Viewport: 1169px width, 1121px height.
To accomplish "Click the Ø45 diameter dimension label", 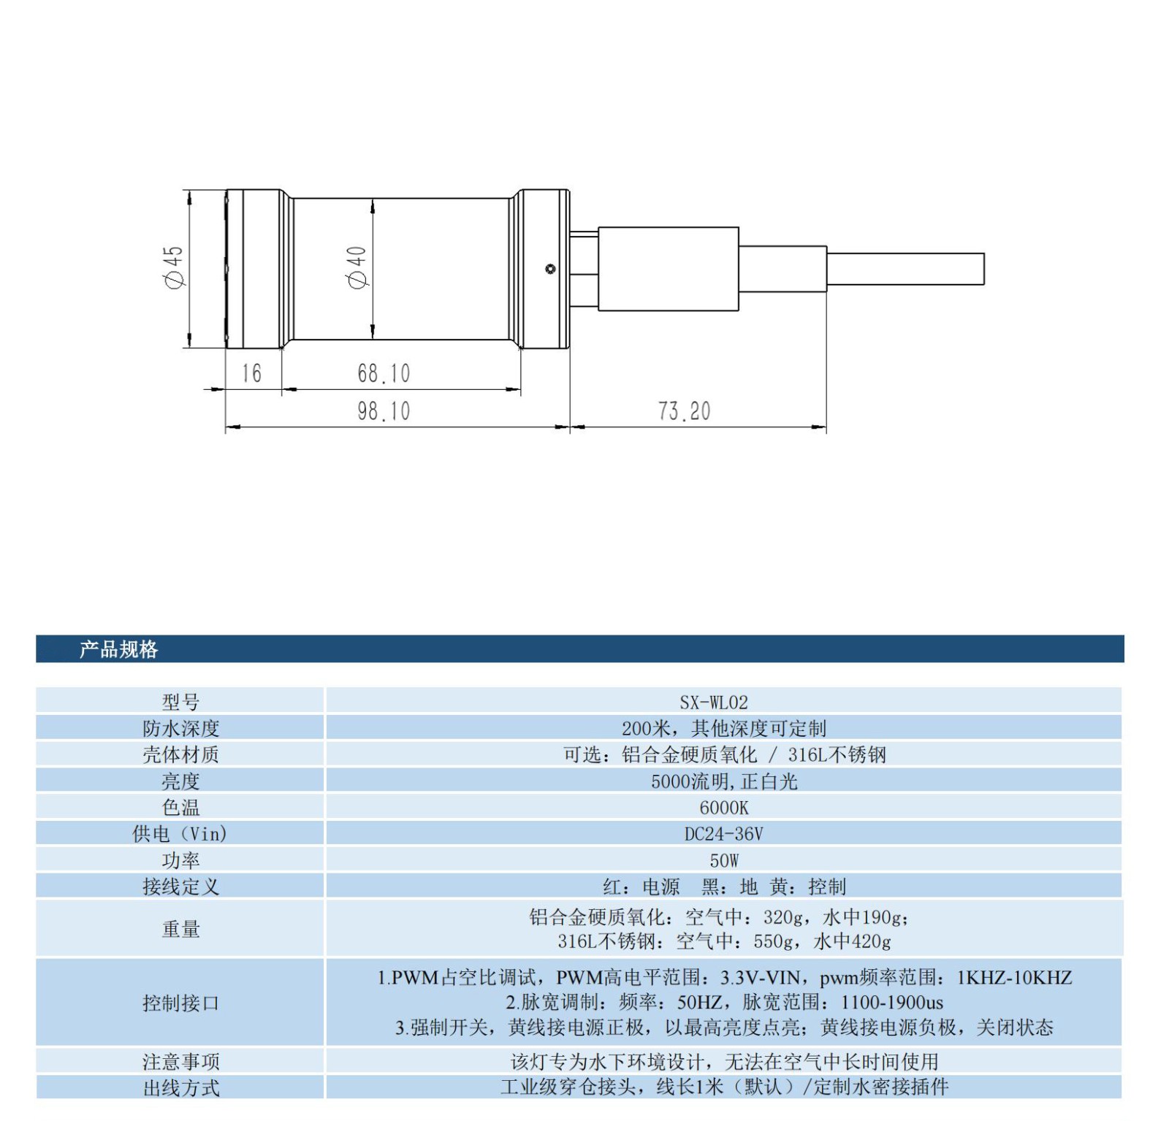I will click(x=174, y=267).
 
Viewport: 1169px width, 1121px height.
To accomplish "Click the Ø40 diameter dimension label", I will click(x=357, y=267).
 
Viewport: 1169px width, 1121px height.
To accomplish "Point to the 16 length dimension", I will click(x=251, y=373).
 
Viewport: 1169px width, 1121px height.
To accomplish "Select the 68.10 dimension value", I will click(x=384, y=373).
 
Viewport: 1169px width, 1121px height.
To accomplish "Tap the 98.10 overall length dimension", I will click(x=384, y=411).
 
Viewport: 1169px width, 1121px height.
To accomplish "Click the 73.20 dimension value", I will click(x=684, y=411).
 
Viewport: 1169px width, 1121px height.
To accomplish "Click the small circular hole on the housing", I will click(x=550, y=269).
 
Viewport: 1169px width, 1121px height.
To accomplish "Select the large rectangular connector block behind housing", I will click(x=668, y=269).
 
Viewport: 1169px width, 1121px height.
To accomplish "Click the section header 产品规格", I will click(x=118, y=649).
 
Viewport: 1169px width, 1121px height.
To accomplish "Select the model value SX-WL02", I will click(x=713, y=703).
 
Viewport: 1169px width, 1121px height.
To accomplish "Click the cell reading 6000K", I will click(x=723, y=808).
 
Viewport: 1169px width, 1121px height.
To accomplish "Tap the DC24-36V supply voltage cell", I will click(x=723, y=834).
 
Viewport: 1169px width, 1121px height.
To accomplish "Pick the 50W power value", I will click(x=723, y=860).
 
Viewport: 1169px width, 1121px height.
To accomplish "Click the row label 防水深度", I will click(x=180, y=728).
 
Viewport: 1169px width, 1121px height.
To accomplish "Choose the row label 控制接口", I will click(x=180, y=1003).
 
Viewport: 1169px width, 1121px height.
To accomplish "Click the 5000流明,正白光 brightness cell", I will click(x=723, y=781).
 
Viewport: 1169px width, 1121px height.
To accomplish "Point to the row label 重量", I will click(x=180, y=929).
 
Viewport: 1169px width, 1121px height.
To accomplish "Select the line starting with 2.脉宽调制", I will click(x=723, y=1003).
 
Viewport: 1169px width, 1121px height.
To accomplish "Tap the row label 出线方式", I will click(x=180, y=1088).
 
